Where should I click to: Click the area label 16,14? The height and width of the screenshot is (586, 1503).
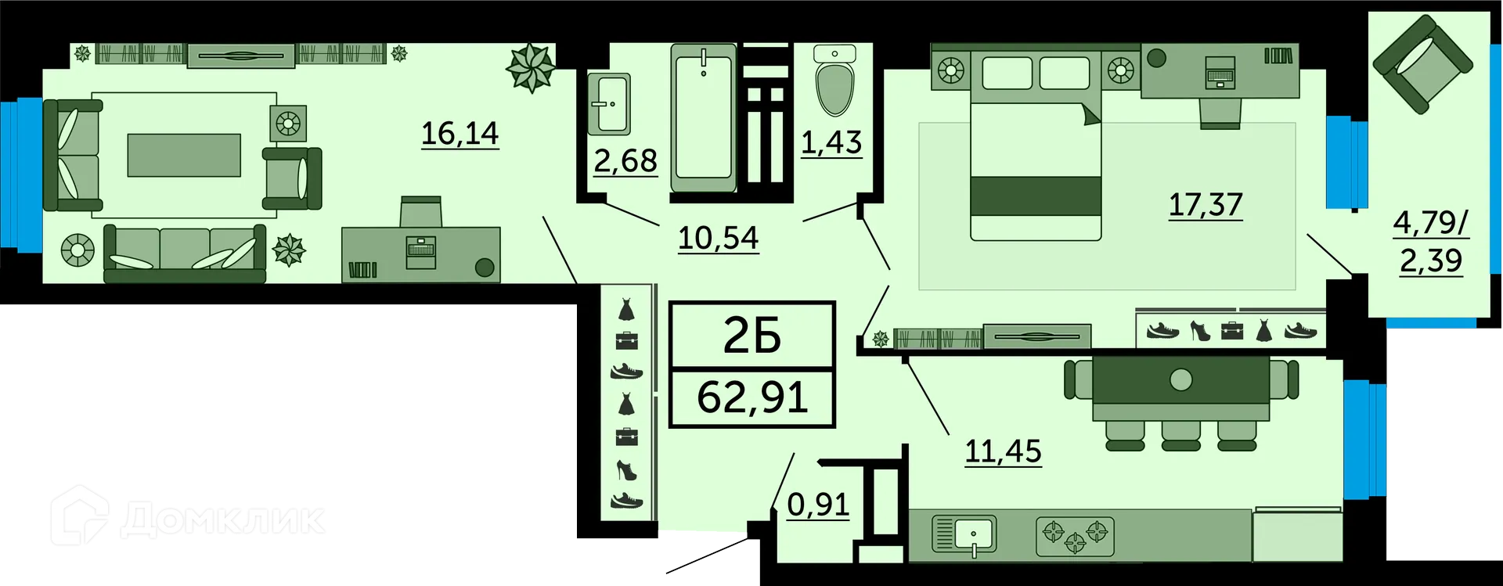[x=460, y=133]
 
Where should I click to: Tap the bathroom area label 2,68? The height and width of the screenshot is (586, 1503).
[x=625, y=160]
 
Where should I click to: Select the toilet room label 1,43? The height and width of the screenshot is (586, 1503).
[x=831, y=142]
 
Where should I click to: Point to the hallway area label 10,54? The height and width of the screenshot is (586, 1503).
[x=718, y=237]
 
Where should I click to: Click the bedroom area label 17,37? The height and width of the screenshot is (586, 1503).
[x=1206, y=205]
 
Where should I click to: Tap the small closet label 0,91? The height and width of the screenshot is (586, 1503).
[x=818, y=505]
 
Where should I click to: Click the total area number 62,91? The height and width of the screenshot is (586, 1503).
[x=752, y=397]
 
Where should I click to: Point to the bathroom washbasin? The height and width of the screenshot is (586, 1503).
[x=608, y=102]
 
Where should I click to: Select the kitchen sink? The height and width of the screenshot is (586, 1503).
[x=964, y=534]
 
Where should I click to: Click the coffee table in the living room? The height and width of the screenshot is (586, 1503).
[x=184, y=155]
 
